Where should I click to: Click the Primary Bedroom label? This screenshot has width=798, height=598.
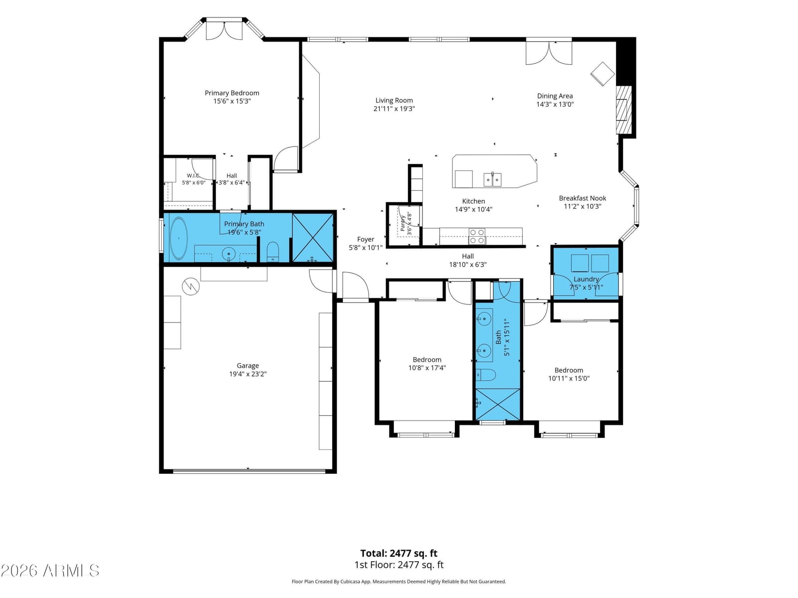pyautogui.click(x=231, y=93)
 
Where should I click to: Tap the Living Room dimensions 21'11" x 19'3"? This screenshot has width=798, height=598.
pyautogui.click(x=394, y=109)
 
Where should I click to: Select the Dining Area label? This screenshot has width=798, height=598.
pyautogui.click(x=555, y=96)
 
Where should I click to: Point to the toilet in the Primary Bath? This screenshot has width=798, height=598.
pyautogui.click(x=272, y=251)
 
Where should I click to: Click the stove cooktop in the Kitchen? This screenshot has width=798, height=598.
pyautogui.click(x=476, y=236)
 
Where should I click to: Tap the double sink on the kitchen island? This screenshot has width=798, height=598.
pyautogui.click(x=492, y=179)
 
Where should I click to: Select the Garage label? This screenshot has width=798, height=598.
pyautogui.click(x=247, y=366)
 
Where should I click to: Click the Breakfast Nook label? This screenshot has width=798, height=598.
pyautogui.click(x=582, y=198)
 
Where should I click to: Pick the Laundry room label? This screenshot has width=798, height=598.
pyautogui.click(x=586, y=279)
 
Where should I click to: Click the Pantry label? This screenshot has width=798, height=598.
pyautogui.click(x=402, y=223)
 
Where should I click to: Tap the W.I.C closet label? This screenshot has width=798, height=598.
pyautogui.click(x=193, y=176)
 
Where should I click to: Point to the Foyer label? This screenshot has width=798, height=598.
pyautogui.click(x=366, y=239)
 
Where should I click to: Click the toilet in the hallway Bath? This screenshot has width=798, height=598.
pyautogui.click(x=486, y=375)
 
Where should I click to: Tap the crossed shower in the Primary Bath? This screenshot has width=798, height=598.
pyautogui.click(x=313, y=238)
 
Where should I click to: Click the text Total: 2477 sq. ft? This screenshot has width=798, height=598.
pyautogui.click(x=399, y=553)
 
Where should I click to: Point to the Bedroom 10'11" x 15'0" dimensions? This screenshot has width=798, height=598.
pyautogui.click(x=569, y=378)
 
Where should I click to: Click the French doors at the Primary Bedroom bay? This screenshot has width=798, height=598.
pyautogui.click(x=224, y=31)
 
